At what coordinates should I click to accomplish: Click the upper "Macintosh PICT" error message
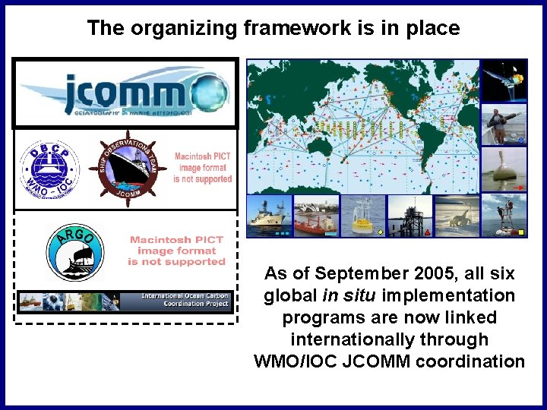[202, 168]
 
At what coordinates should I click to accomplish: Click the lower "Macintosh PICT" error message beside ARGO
[176, 251]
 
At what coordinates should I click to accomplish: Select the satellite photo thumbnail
[504, 80]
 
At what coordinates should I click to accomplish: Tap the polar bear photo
[457, 216]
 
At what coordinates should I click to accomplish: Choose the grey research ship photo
[269, 216]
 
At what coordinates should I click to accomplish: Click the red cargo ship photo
[316, 216]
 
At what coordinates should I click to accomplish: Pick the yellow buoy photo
[363, 216]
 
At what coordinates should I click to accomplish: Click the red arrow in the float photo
[519, 186]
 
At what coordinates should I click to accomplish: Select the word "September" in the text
[374, 273]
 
